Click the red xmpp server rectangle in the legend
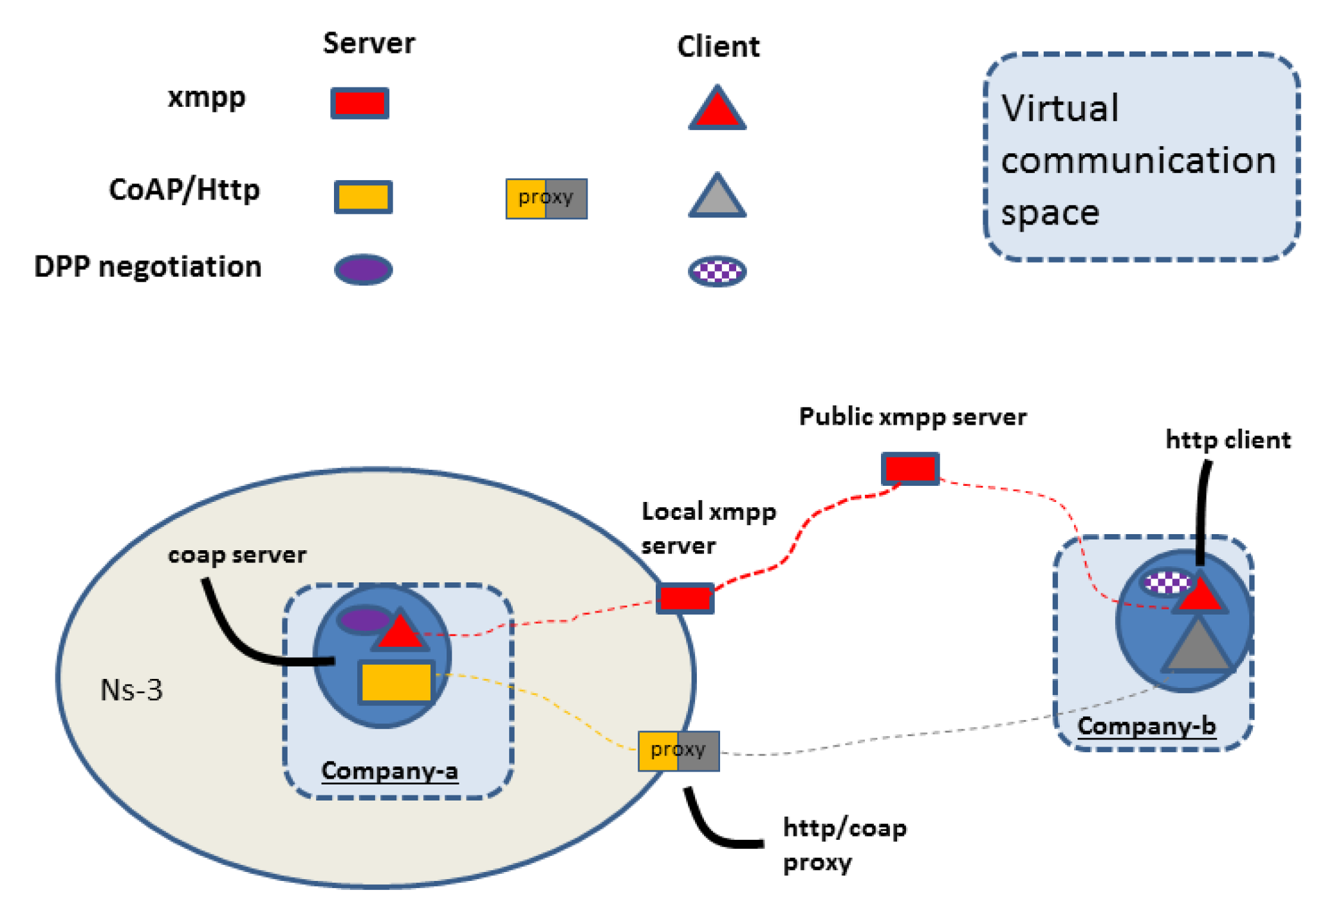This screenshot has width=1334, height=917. click(360, 103)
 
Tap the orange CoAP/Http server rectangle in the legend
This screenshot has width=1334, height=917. click(363, 196)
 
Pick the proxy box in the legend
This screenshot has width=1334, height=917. click(546, 198)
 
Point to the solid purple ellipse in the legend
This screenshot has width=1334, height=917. click(363, 270)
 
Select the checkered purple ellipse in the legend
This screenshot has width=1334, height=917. click(717, 271)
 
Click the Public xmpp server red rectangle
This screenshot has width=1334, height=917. click(909, 468)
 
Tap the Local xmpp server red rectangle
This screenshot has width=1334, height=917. click(685, 598)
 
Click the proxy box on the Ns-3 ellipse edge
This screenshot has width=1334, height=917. click(678, 750)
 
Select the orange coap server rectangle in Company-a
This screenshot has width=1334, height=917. click(396, 682)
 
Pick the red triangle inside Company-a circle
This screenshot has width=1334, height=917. click(400, 632)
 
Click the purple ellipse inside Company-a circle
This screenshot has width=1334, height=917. click(364, 620)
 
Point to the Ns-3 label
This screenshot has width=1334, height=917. click(131, 690)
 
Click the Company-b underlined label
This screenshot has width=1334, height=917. click(1146, 726)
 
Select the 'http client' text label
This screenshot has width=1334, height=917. click(1227, 440)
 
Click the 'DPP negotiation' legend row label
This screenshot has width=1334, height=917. click(148, 266)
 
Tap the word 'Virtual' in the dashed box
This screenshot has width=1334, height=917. click(1060, 108)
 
